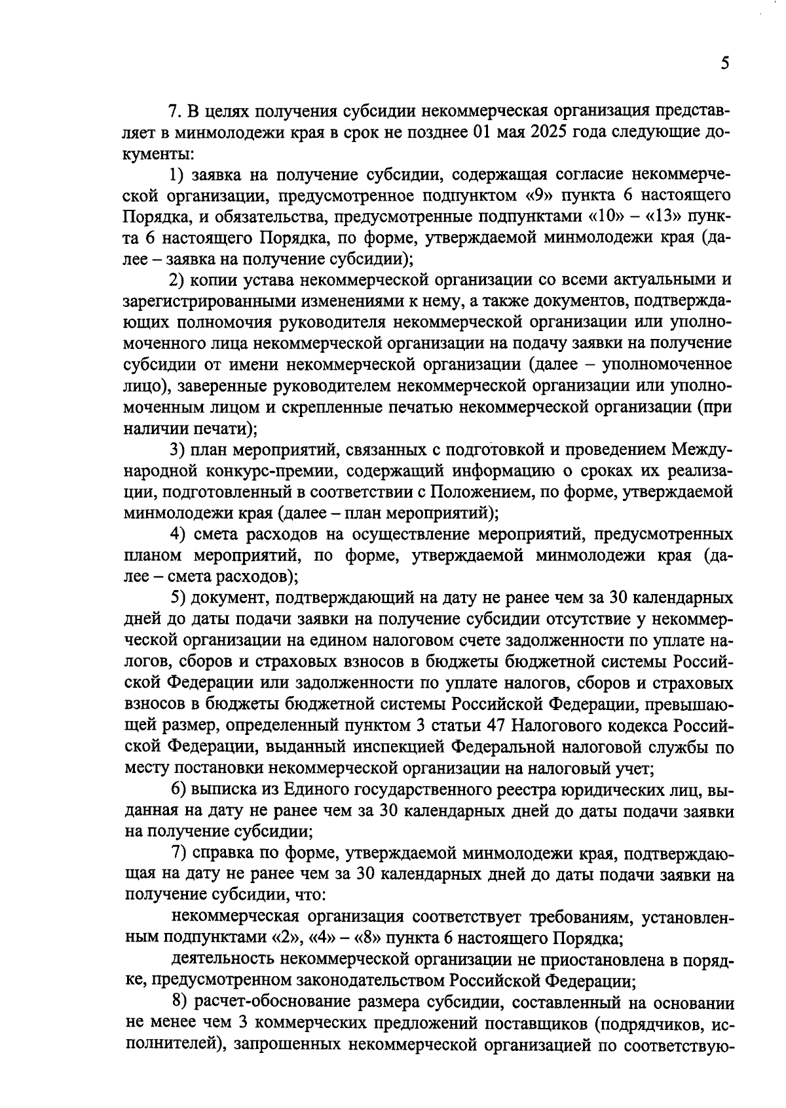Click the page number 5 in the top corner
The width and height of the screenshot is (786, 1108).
point(724,64)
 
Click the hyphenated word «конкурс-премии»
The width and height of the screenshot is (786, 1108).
point(274,471)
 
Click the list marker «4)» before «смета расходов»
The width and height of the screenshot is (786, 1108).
point(178,536)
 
